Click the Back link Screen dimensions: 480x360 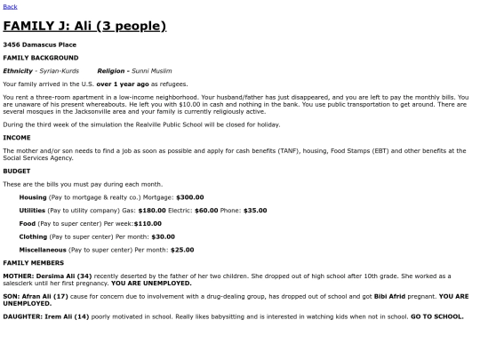pyautogui.click(x=10, y=6)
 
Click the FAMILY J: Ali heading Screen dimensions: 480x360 pyautogui.click(x=84, y=26)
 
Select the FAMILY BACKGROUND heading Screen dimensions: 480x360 pyautogui.click(x=40, y=57)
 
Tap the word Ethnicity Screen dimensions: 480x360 pyautogui.click(x=18, y=70)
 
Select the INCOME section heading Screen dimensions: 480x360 pyautogui.click(x=17, y=138)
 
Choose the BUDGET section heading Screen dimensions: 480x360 pyautogui.click(x=17, y=170)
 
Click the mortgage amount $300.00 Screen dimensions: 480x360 pyautogui.click(x=189, y=197)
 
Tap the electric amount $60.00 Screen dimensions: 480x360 pyautogui.click(x=206, y=211)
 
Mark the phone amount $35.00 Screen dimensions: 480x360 pyautogui.click(x=254, y=211)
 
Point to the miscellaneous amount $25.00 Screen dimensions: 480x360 pyautogui.click(x=181, y=250)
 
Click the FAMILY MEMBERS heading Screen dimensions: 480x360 pyautogui.click(x=33, y=263)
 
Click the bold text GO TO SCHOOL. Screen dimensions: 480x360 pyautogui.click(x=436, y=316)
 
